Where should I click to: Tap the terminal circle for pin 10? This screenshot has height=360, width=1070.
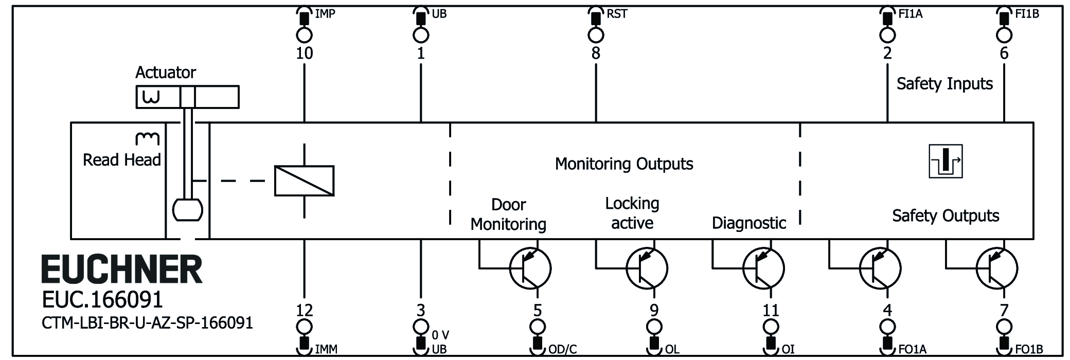click(x=304, y=35)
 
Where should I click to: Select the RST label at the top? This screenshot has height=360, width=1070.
click(x=617, y=14)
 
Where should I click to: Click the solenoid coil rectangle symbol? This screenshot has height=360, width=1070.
click(x=304, y=181)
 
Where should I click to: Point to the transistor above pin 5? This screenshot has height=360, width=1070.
click(x=530, y=268)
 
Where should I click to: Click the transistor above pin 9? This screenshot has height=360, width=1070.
click(x=647, y=268)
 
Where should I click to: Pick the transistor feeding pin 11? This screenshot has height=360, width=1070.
click(x=763, y=268)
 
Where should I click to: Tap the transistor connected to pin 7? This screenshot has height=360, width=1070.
click(x=996, y=268)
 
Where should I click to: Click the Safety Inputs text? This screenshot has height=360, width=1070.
click(x=944, y=84)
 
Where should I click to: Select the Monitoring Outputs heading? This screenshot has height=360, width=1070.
click(x=624, y=164)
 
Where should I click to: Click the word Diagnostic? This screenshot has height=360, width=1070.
click(x=748, y=223)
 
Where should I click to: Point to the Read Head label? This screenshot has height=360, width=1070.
click(x=122, y=160)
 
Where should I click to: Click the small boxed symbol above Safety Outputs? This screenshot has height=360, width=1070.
click(x=946, y=161)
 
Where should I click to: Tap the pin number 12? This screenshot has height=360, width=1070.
click(x=304, y=310)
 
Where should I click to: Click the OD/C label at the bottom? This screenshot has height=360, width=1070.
click(x=562, y=350)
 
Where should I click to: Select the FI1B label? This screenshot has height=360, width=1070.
click(x=1027, y=14)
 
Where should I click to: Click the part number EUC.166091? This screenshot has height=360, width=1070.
click(x=102, y=300)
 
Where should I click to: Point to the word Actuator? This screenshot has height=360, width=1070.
click(x=165, y=73)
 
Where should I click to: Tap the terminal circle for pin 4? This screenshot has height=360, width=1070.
click(x=887, y=327)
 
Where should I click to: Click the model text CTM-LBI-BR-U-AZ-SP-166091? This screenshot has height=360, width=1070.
click(x=147, y=323)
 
